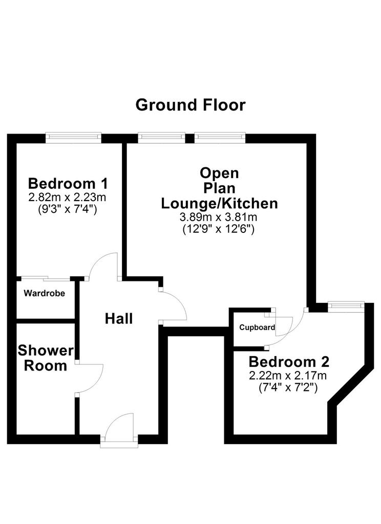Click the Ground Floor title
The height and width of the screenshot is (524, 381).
[x=190, y=105]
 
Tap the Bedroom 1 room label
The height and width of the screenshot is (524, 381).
[x=68, y=184]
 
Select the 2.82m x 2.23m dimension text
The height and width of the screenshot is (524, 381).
[x=67, y=197]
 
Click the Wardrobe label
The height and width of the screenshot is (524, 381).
[x=45, y=293]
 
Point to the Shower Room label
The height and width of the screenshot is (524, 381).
[x=46, y=358]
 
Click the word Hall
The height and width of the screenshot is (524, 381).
[x=119, y=318]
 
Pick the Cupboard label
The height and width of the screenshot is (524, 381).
[x=257, y=327]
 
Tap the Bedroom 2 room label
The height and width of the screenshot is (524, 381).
[x=289, y=362]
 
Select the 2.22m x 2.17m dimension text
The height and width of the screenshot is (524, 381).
[x=288, y=376]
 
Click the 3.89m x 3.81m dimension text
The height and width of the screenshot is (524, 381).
[x=219, y=217]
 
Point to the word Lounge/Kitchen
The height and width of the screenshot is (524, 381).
[x=220, y=203]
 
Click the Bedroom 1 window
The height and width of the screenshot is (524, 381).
[x=74, y=137]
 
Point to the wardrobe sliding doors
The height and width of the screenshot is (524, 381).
[x=46, y=278]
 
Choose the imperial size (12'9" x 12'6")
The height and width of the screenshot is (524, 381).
[x=219, y=229]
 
